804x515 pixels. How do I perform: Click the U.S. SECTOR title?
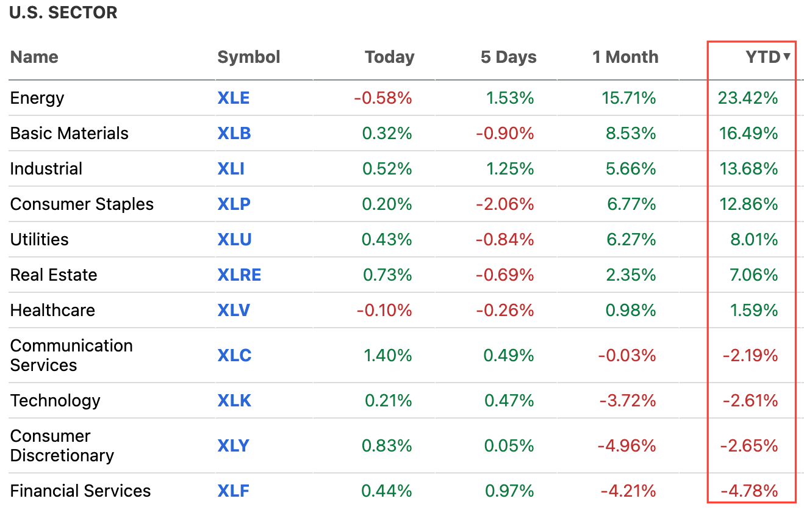coord(63,13)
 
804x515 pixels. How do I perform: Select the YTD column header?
coord(763,57)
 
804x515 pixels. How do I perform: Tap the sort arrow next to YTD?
coord(787,57)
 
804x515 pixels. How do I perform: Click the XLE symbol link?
coord(233,98)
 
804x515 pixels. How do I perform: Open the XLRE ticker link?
coord(239,275)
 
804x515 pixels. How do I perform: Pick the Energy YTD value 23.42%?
coord(748,98)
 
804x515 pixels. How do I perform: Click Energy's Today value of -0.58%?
coord(383,98)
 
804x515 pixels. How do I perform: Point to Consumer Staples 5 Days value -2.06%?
coord(505,204)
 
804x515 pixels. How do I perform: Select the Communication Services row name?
coord(71,355)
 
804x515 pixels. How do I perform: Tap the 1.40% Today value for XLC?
coord(387,356)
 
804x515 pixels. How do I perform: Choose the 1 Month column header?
coord(625,57)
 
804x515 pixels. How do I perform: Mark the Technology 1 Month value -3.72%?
coord(627,401)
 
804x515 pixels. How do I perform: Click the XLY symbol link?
coord(233,446)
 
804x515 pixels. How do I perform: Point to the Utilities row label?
coord(40,240)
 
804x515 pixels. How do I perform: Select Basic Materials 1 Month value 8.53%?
coord(631,134)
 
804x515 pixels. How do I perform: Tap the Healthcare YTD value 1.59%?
coord(754,311)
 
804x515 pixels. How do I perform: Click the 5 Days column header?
coord(508,57)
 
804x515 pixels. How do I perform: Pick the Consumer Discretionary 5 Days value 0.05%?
coord(509,446)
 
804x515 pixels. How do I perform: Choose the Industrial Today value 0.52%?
coord(387,169)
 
